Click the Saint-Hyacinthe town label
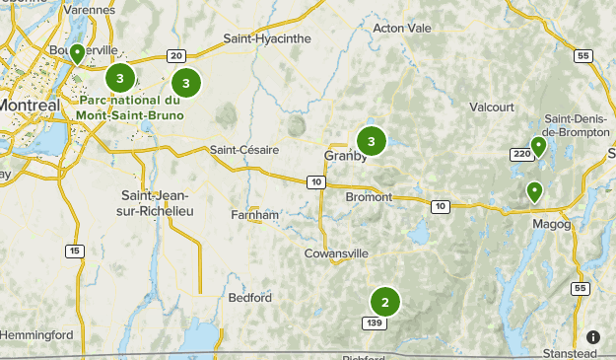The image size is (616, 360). (267, 38)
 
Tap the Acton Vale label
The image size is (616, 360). (402, 29)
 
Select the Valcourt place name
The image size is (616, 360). (494, 107)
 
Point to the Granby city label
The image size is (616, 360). (345, 156)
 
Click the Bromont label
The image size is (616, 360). (370, 197)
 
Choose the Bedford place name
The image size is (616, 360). (248, 297)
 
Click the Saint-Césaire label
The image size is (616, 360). (244, 150)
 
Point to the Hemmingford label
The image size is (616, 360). (36, 335)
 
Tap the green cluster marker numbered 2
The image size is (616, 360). (385, 302)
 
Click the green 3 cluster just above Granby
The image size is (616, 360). (371, 142)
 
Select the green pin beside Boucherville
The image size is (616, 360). (77, 53)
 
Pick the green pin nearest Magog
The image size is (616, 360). (534, 190)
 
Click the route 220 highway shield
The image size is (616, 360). (520, 154)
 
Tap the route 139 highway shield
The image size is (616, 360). (373, 323)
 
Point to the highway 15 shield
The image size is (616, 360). (75, 252)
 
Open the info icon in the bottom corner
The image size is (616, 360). (593, 337)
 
